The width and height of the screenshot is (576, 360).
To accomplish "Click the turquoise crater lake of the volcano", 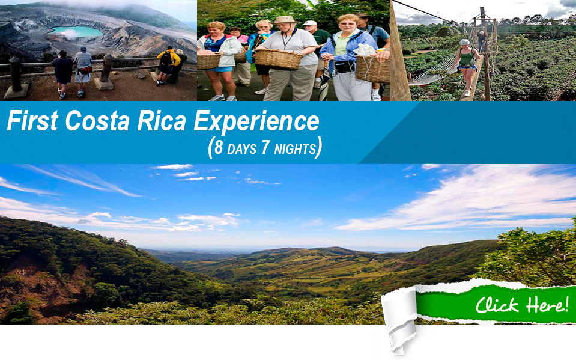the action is click(77, 32).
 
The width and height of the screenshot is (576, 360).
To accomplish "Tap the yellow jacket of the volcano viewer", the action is click(169, 58).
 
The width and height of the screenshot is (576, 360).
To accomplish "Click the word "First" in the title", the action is click(32, 121).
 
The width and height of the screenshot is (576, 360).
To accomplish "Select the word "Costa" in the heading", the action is click(97, 121).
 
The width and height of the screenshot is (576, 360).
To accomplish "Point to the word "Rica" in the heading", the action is click(162, 121).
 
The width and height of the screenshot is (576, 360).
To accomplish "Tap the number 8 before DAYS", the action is click(219, 148).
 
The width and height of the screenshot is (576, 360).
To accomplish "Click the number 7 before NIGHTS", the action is click(266, 148).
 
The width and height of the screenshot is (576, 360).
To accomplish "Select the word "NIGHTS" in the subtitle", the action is click(295, 149).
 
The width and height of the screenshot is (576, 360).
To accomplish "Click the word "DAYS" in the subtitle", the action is click(241, 149).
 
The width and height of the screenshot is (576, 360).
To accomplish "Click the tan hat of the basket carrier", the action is click(285, 20).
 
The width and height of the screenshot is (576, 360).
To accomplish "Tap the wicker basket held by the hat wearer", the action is click(279, 59).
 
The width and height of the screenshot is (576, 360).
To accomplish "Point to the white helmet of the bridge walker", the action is click(465, 42).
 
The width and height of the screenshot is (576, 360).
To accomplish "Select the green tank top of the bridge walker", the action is click(467, 58).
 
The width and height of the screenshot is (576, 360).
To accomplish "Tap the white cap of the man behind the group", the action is click(310, 23).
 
